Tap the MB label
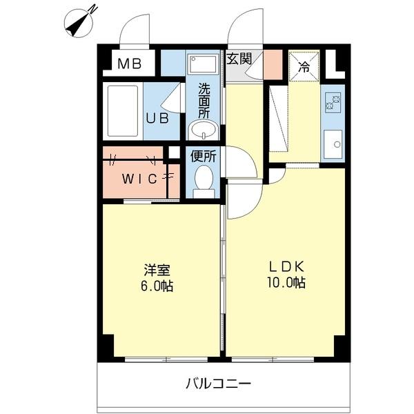point(129,66)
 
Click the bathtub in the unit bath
point(122,110)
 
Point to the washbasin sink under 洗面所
point(203,130)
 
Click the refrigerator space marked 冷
point(304,66)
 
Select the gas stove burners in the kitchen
point(333,103)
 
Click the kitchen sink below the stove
point(334,144)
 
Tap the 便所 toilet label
point(204,156)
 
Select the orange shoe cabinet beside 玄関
point(275,63)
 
